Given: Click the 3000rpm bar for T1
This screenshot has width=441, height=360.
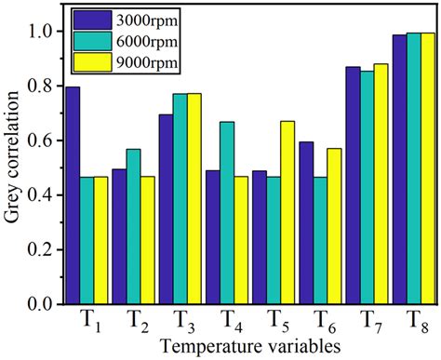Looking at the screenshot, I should click(x=73, y=195).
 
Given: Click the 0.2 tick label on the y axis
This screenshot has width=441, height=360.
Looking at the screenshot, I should click(x=40, y=249).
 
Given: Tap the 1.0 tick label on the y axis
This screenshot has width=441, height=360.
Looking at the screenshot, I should click(x=40, y=32).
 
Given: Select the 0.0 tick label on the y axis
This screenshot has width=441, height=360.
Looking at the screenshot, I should click(x=40, y=304).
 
